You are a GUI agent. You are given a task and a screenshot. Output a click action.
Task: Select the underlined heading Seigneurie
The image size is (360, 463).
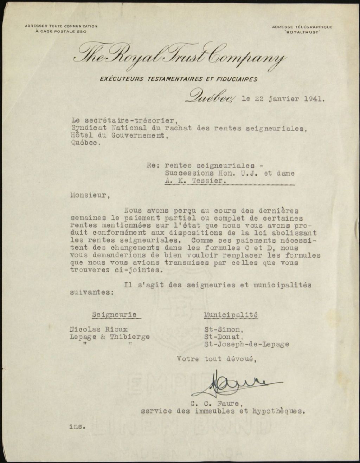(114, 315)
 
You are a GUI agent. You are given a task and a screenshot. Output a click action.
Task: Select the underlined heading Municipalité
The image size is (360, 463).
(231, 315)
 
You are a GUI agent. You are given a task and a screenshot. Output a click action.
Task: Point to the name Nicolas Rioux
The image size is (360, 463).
(99, 330)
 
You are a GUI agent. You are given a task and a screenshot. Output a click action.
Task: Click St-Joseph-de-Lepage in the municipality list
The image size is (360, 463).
(247, 344)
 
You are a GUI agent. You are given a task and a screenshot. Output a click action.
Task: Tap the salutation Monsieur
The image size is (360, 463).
(88, 196)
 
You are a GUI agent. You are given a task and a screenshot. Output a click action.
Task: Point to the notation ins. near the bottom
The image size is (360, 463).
(77, 426)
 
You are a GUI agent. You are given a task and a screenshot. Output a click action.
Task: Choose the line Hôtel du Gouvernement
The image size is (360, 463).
(119, 136)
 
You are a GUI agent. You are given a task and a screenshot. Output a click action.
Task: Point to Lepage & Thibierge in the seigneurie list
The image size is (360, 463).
(110, 337)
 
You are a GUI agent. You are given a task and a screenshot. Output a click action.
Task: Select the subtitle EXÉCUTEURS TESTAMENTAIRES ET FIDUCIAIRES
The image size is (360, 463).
(179, 79)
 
